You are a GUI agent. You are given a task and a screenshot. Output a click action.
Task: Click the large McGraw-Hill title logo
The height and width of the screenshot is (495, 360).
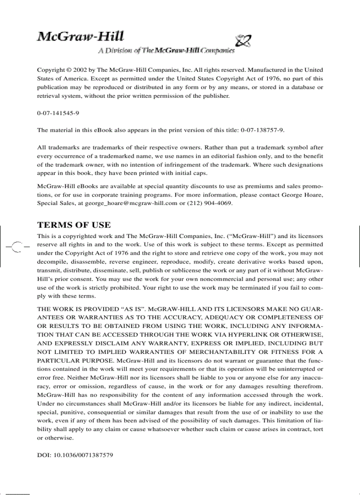[x=80, y=37]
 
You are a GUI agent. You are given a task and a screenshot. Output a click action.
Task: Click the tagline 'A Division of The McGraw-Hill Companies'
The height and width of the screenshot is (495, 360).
[x=166, y=51]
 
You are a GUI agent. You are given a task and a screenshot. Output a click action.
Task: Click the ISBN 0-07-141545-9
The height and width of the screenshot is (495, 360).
[x=58, y=113]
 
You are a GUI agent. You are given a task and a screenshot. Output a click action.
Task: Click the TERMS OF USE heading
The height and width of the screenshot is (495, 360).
[x=74, y=225]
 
